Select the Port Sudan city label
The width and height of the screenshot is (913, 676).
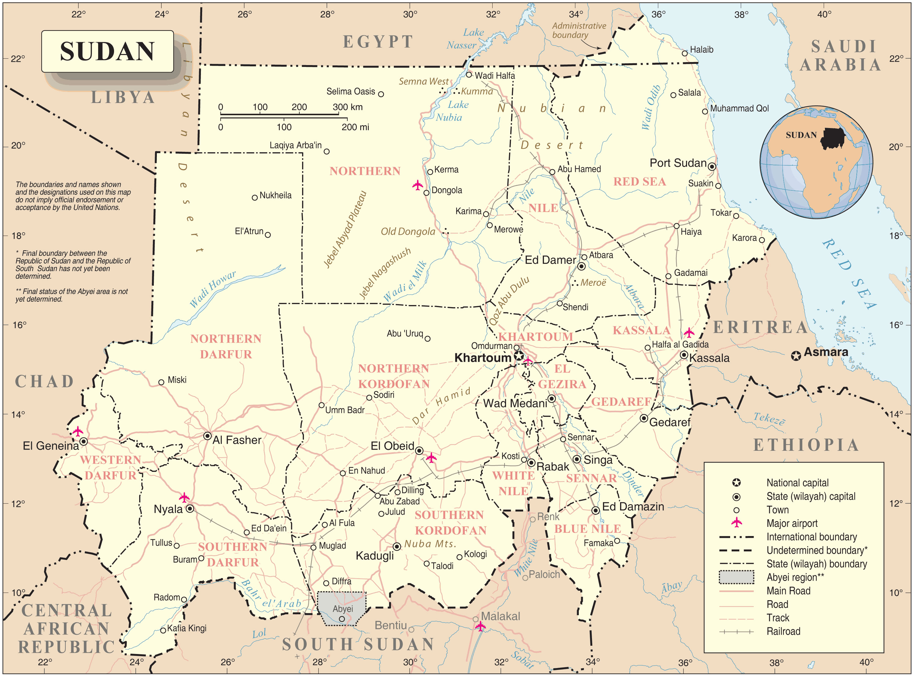[678, 163]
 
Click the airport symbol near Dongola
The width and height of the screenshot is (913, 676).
[417, 186]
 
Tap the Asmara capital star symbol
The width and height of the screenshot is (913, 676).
[796, 356]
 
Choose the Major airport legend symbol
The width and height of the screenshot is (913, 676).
[736, 523]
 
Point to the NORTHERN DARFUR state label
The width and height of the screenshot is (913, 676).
[226, 346]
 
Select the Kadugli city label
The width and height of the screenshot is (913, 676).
[374, 556]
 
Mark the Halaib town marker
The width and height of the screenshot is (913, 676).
[684, 53]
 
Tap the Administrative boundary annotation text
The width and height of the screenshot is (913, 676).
[578, 30]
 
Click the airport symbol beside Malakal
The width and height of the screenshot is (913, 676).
[480, 626]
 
